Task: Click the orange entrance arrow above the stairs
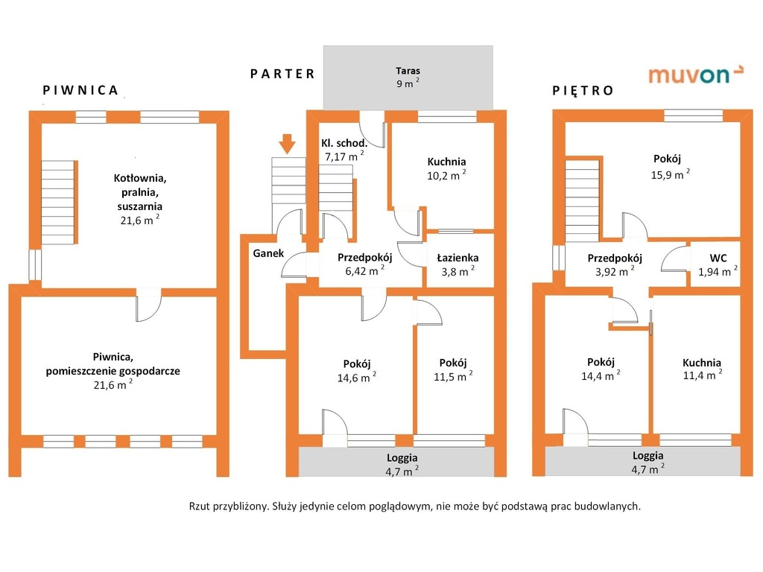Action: pyautogui.click(x=288, y=142)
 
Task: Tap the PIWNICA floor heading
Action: pyautogui.click(x=80, y=90)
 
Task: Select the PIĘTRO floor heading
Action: pyautogui.click(x=583, y=91)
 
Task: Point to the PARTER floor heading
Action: pyautogui.click(x=282, y=73)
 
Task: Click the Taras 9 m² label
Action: pyautogui.click(x=408, y=77)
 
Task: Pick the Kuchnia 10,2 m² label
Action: pyautogui.click(x=446, y=168)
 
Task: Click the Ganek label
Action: pyautogui.click(x=268, y=253)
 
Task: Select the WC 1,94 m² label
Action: pyautogui.click(x=717, y=264)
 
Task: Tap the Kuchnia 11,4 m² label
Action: pyautogui.click(x=701, y=369)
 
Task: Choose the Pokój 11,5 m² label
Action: pyautogui.click(x=452, y=369)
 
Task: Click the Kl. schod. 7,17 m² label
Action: pyautogui.click(x=343, y=150)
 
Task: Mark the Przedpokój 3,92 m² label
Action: pyautogui.click(x=615, y=264)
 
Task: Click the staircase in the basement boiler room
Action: pyautogui.click(x=58, y=201)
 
